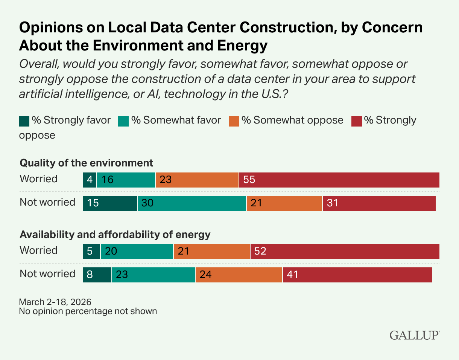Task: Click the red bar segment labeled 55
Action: point(339,180)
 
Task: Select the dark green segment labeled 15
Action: point(110,203)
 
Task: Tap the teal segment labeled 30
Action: point(192,203)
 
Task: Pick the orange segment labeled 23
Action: point(197,180)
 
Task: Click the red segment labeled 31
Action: point(379,203)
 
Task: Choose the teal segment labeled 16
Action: point(126,180)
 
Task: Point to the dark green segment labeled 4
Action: point(90,180)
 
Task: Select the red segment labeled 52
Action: point(345,251)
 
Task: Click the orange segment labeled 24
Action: point(239,275)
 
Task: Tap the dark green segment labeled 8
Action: point(97,275)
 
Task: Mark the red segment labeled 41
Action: point(357,275)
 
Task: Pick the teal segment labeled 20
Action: point(137,251)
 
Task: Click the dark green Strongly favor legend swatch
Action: point(24,121)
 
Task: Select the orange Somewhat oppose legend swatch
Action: point(234,121)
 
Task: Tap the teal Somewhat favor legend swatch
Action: point(123,121)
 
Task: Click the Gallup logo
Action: point(415,335)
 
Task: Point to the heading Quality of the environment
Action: point(87,163)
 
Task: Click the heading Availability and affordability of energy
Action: point(115,235)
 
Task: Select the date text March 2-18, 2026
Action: point(55,302)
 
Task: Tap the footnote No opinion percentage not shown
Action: point(88,311)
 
